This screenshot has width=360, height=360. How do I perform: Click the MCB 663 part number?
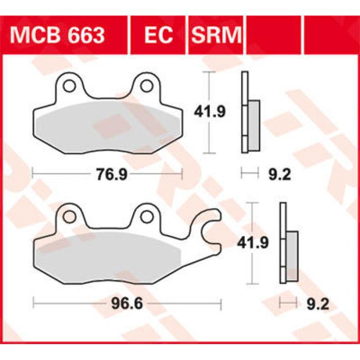coord(58,35)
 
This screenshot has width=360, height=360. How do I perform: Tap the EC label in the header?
coord(157,35)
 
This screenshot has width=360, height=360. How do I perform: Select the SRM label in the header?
coord(216,35)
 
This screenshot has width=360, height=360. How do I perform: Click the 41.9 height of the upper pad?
coord(209,112)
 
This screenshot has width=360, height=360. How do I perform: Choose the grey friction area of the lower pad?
coord(103,252)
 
